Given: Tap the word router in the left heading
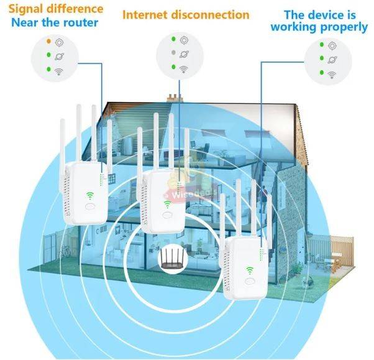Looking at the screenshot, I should tap(81, 24).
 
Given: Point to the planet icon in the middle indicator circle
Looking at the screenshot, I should tap(184, 54).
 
